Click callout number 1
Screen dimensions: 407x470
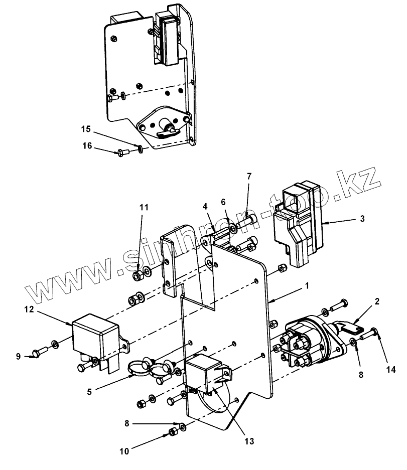click(x=307, y=285)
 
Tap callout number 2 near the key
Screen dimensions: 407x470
click(x=377, y=301)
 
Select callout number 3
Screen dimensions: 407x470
click(x=362, y=219)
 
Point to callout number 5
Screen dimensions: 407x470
click(x=89, y=392)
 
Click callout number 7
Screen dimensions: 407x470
click(x=249, y=176)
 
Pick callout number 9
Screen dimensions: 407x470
click(x=18, y=357)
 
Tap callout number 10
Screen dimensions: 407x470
click(x=124, y=451)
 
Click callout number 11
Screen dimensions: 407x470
click(x=144, y=207)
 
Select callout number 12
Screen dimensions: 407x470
click(x=29, y=309)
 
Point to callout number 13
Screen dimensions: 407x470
click(x=249, y=441)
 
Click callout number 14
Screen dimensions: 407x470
click(x=391, y=370)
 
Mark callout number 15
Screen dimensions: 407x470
click(x=86, y=129)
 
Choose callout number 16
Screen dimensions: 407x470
click(x=87, y=145)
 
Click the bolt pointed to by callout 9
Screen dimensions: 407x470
click(x=40, y=351)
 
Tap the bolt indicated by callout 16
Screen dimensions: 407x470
click(x=122, y=153)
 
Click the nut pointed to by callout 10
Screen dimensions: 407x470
click(x=173, y=432)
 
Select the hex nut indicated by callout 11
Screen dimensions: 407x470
click(x=138, y=276)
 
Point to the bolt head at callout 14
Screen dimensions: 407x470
click(x=374, y=332)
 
